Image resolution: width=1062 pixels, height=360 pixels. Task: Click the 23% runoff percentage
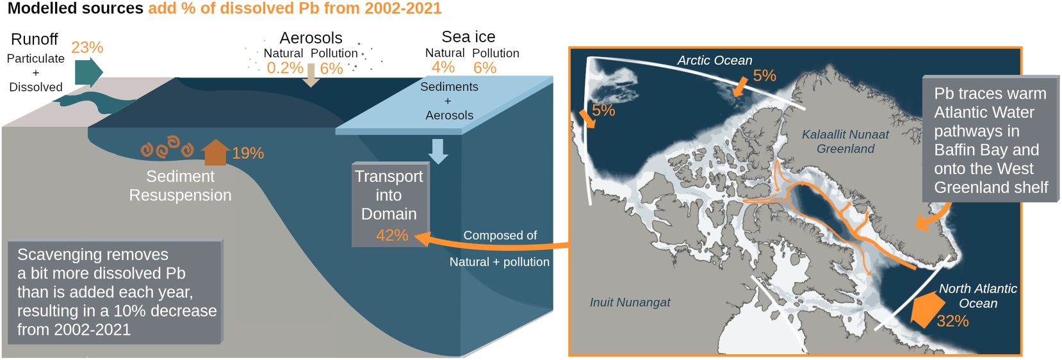click(87, 47)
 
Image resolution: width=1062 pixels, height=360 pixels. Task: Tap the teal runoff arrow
click(88, 72)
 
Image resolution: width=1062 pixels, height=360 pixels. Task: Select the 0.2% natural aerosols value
click(285, 68)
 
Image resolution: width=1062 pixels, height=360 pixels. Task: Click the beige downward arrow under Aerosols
click(311, 76)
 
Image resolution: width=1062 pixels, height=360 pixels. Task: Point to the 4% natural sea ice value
click(443, 67)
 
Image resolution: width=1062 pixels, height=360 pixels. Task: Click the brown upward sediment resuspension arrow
click(215, 152)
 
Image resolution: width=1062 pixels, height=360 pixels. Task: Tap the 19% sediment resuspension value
click(248, 153)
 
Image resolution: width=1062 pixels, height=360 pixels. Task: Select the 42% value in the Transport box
click(392, 235)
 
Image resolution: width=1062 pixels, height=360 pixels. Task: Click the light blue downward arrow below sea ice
click(438, 151)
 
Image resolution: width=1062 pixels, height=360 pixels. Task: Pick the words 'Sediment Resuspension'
click(180, 186)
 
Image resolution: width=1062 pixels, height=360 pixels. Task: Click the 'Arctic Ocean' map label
click(714, 60)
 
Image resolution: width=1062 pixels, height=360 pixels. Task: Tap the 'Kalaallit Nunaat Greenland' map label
click(846, 142)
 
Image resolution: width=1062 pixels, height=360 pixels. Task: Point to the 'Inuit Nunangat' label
click(630, 302)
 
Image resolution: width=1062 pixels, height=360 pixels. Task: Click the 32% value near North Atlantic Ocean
click(952, 321)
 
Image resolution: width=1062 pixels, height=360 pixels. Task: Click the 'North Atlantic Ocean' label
click(978, 295)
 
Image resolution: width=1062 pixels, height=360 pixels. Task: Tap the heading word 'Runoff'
click(34, 39)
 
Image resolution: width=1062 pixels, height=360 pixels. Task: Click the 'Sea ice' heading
click(468, 37)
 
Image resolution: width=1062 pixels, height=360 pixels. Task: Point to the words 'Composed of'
click(500, 235)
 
